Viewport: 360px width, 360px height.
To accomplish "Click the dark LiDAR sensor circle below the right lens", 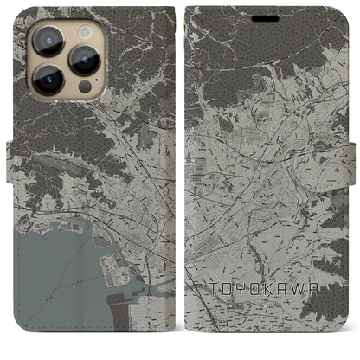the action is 85,87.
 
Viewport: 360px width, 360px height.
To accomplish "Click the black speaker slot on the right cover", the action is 266,18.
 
